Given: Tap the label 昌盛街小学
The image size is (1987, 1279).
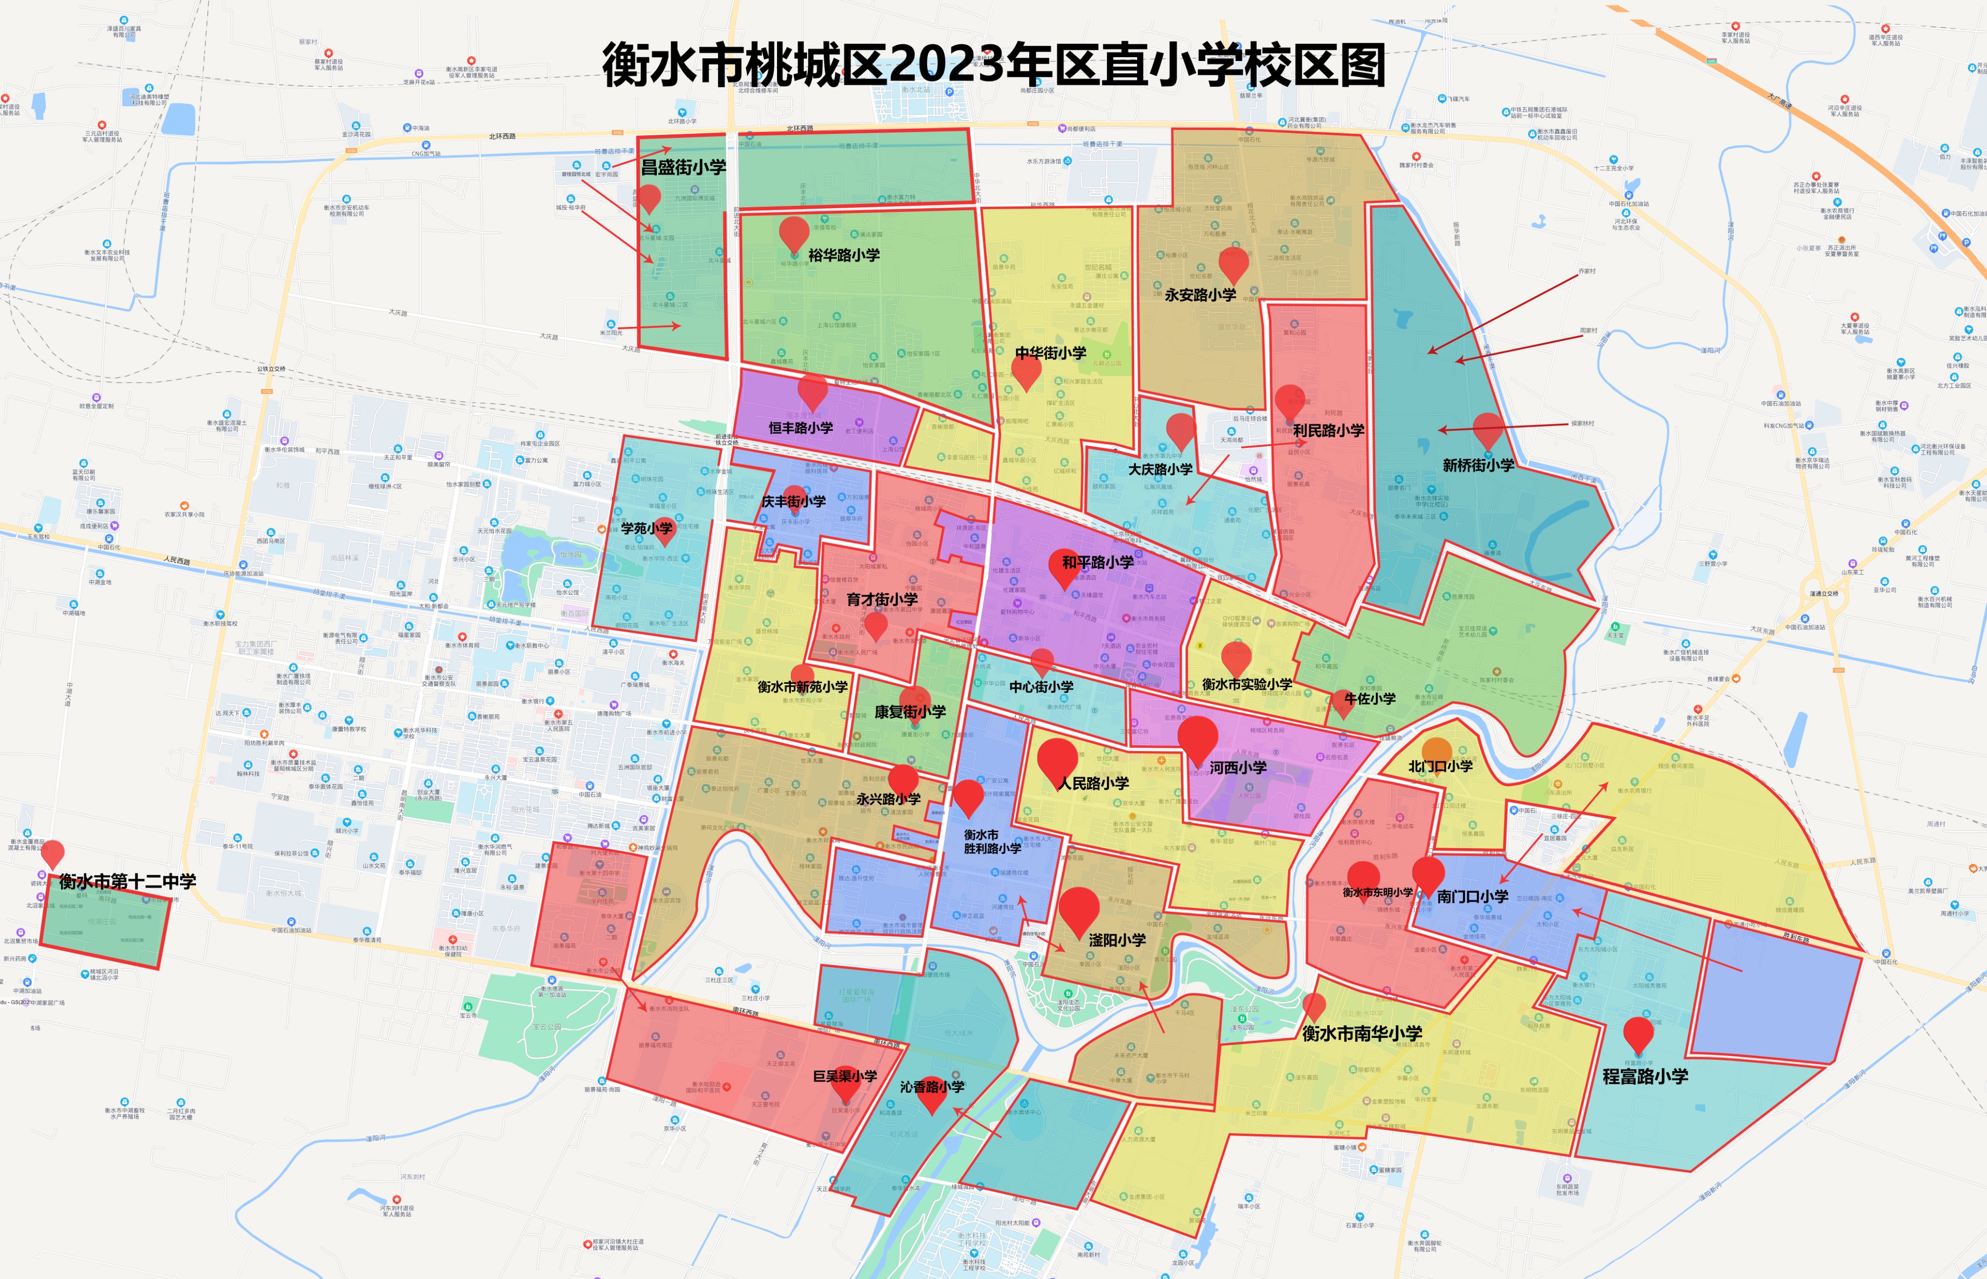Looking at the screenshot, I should (683, 167).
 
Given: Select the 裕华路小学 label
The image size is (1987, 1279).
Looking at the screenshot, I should (844, 255).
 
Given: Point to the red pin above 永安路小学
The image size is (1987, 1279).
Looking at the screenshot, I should (1234, 264).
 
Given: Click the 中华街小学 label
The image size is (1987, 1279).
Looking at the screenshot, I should (1051, 353).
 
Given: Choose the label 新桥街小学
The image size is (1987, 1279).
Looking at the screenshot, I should (1479, 465).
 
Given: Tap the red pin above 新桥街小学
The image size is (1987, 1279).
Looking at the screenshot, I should (1488, 428).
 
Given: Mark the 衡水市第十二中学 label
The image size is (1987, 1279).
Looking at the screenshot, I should (127, 881).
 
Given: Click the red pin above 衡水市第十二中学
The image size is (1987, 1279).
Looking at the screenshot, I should (52, 853).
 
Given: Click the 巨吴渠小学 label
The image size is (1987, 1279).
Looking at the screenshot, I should (845, 1076).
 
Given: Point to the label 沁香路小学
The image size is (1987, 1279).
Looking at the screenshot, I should (932, 1087).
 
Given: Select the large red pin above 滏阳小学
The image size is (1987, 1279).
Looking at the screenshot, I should (1078, 909).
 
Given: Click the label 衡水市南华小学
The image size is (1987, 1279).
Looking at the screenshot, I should (1362, 1033).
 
